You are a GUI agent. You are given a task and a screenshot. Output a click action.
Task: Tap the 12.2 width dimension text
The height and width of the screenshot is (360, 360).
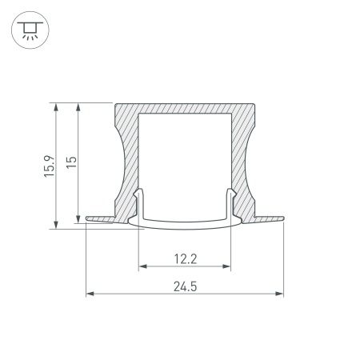click(185, 258)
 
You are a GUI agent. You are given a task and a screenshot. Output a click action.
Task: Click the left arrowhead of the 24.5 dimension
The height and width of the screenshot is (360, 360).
click(90, 294)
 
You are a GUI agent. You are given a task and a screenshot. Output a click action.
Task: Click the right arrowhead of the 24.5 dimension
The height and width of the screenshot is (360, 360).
click(280, 294)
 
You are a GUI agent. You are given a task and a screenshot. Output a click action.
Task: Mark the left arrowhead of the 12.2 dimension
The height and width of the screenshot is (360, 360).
click(142, 266)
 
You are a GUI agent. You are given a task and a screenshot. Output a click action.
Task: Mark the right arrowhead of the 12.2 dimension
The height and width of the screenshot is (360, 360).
click(227, 266)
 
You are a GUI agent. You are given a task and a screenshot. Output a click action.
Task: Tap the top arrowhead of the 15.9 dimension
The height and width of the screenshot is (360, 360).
click(57, 107)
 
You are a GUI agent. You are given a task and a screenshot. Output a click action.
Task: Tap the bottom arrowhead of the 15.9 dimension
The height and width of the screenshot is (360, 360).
click(57, 225)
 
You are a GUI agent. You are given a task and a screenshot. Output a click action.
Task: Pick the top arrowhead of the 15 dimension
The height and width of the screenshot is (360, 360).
click(78, 107)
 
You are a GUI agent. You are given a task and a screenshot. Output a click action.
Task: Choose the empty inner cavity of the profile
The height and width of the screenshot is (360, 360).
click(185, 160)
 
